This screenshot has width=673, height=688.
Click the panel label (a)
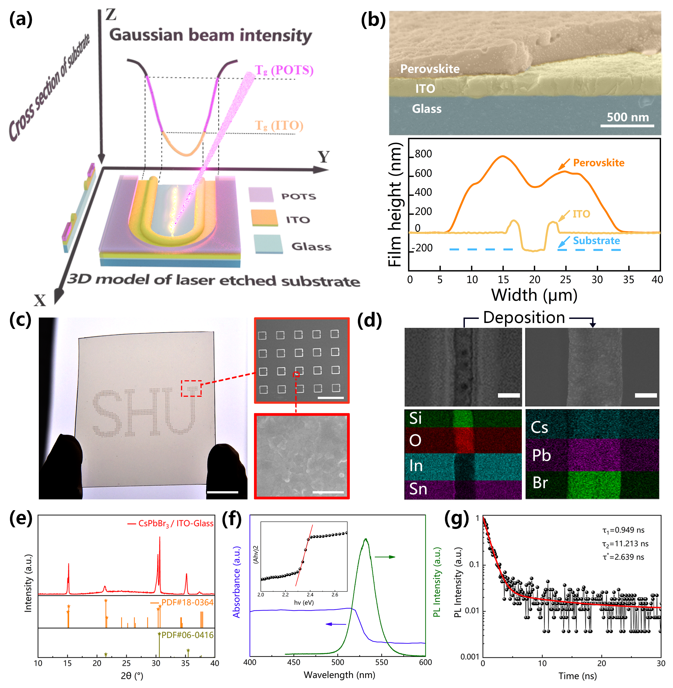[21, 20]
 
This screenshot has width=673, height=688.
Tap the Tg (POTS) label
[284, 70]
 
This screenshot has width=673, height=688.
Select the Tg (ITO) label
[279, 125]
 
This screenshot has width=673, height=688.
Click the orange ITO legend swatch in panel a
[264, 218]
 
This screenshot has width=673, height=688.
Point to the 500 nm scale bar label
[628, 117]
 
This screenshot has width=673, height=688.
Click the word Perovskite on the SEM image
[430, 69]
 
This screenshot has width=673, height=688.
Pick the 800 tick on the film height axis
[423, 154]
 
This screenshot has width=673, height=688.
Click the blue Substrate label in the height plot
[596, 241]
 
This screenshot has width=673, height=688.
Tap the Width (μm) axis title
[534, 295]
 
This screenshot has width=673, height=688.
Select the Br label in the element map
[540, 483]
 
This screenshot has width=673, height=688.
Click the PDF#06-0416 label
[187, 635]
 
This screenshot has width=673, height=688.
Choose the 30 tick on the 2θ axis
[156, 663]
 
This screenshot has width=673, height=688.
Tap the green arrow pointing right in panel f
[385, 557]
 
